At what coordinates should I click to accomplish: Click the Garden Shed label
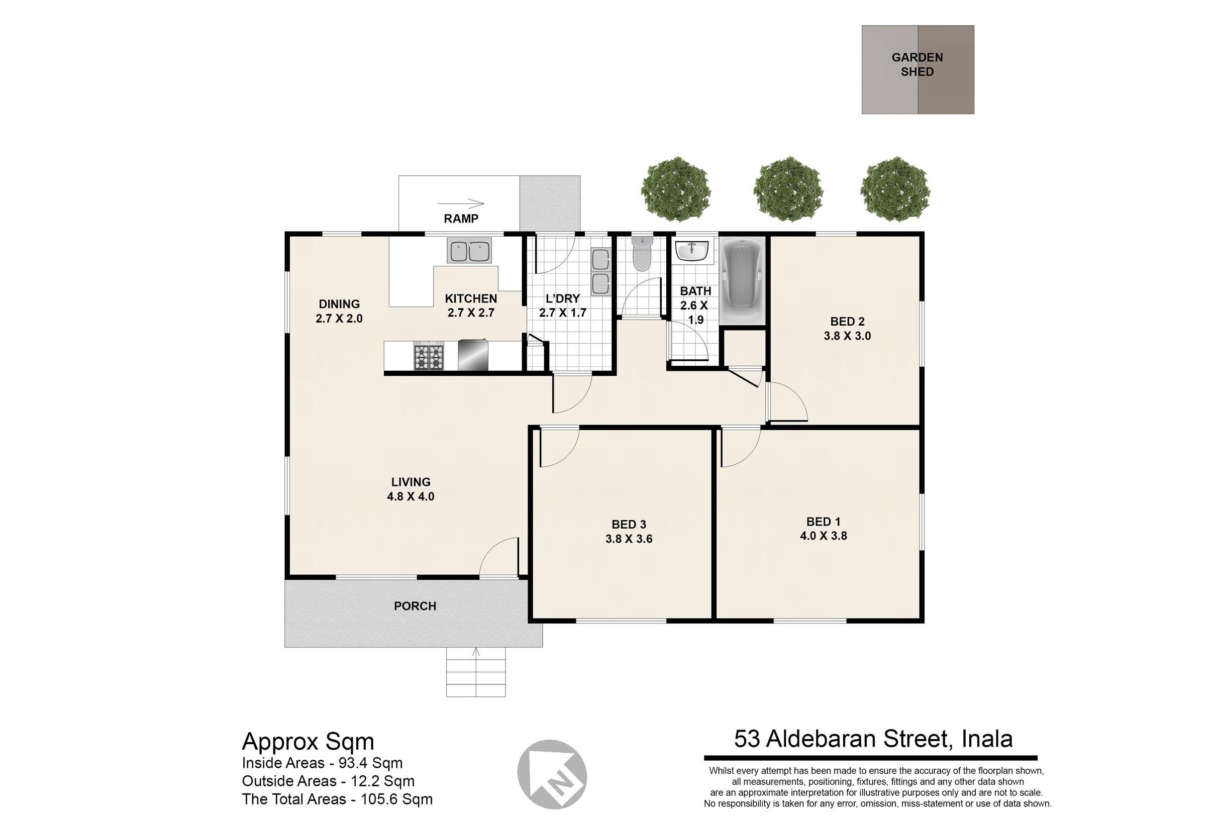[x=917, y=64]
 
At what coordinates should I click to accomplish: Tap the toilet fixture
[x=642, y=254]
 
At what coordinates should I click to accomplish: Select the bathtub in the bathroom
[x=743, y=281]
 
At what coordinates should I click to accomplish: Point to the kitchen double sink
[x=469, y=251]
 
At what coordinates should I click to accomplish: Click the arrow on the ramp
[x=461, y=203]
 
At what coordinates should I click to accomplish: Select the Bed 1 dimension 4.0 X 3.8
[x=823, y=536]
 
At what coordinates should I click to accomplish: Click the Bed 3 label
[x=629, y=524]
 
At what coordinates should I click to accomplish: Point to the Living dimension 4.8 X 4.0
[x=411, y=496]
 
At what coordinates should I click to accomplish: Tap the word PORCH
[x=415, y=606]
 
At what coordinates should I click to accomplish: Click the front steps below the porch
[x=476, y=672]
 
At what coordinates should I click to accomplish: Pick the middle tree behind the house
[x=788, y=189]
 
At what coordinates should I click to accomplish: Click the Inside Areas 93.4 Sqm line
[x=322, y=763]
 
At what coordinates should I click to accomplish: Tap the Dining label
[x=339, y=304]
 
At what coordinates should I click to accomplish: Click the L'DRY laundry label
[x=563, y=298]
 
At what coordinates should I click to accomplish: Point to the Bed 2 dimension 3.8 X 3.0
[x=847, y=336]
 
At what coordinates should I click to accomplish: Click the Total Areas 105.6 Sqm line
[x=337, y=799]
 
